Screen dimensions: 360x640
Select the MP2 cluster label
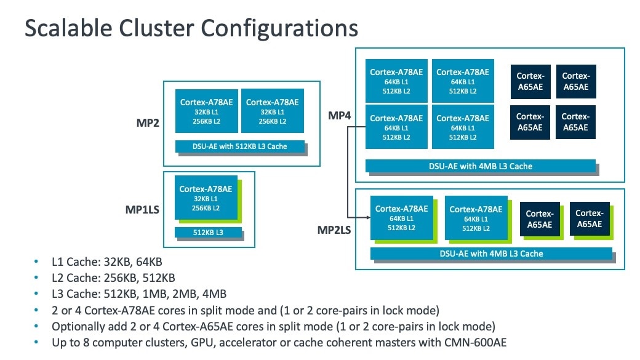click(148, 122)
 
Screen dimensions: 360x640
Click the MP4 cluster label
click(340, 115)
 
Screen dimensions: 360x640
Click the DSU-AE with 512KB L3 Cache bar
click(240, 146)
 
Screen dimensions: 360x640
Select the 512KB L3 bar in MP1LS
click(207, 232)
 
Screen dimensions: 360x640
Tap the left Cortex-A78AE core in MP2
click(206, 111)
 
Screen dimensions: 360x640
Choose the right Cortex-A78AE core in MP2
click(272, 111)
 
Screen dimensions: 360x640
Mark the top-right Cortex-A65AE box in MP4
click(575, 82)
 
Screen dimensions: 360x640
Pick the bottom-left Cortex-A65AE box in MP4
click(529, 122)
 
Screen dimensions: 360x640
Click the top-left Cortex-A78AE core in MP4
click(396, 81)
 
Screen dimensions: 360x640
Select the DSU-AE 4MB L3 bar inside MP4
click(480, 166)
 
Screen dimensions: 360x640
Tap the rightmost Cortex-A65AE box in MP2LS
click(589, 219)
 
